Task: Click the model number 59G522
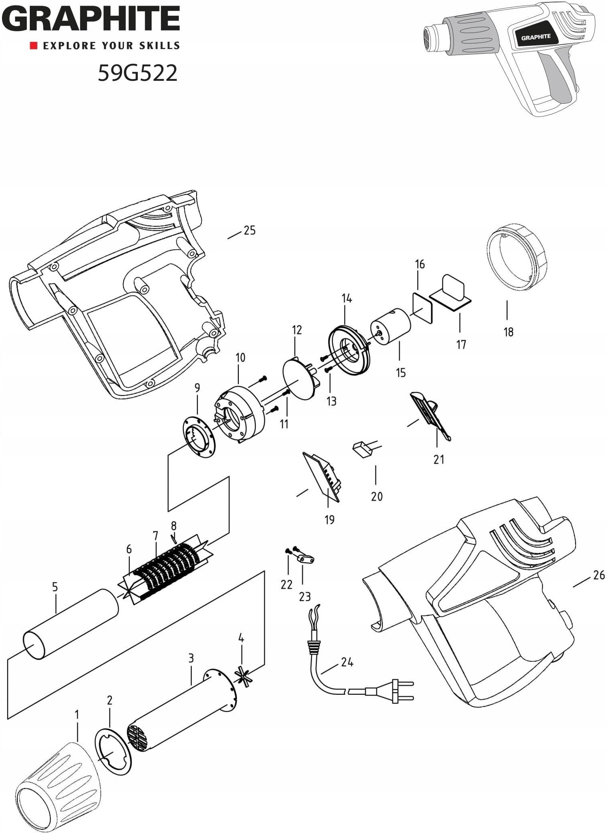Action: (x=137, y=73)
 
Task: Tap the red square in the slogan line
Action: (x=34, y=45)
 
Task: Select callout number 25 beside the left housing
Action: (x=249, y=230)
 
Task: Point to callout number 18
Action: (x=508, y=332)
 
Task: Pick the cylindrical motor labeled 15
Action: (x=390, y=327)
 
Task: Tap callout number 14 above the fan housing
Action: (x=347, y=298)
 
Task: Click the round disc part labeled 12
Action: (x=299, y=379)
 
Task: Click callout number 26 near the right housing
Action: (x=599, y=575)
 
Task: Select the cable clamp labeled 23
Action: (x=306, y=559)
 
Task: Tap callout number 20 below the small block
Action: (x=377, y=497)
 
